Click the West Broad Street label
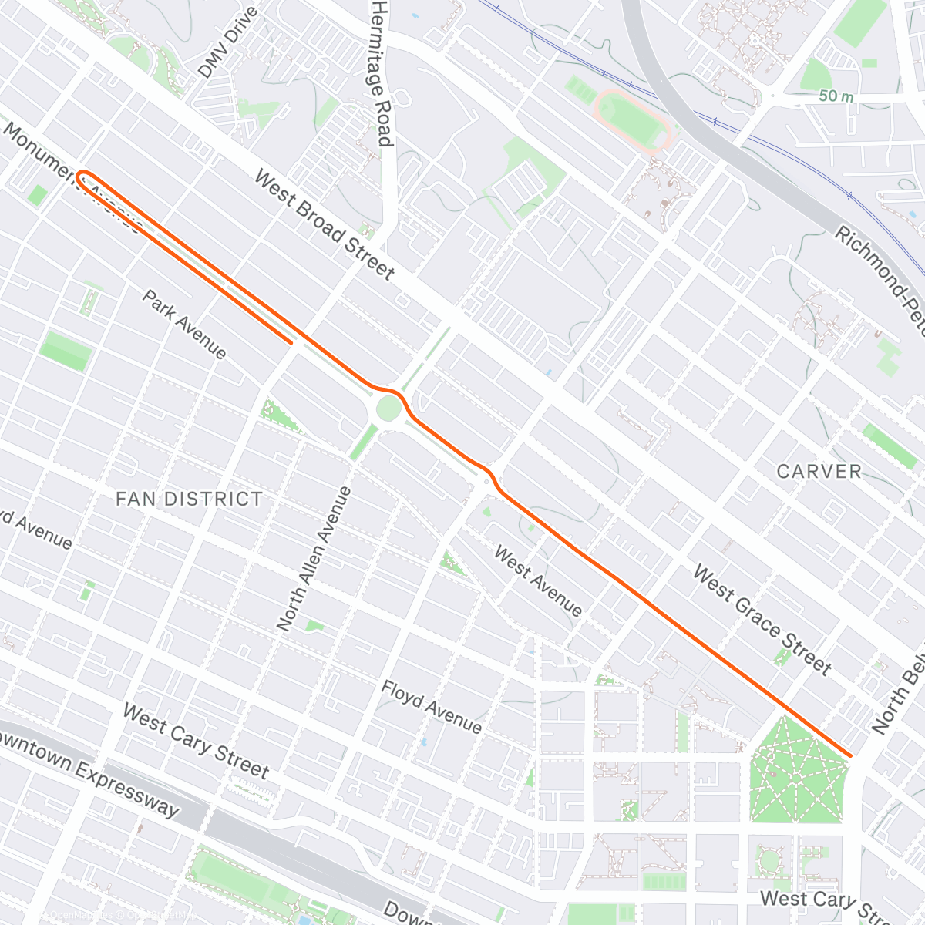[x=325, y=225]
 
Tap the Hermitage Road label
[x=382, y=72]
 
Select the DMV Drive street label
[x=227, y=43]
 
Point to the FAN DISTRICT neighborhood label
[x=189, y=499]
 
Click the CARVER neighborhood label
[x=819, y=471]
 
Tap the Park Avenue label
[x=185, y=325]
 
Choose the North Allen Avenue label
[x=314, y=559]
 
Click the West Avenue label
[x=538, y=581]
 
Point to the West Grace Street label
[x=762, y=620]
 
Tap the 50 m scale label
[x=836, y=96]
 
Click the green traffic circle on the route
[x=388, y=408]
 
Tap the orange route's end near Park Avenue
[x=291, y=341]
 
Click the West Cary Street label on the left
[x=196, y=741]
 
